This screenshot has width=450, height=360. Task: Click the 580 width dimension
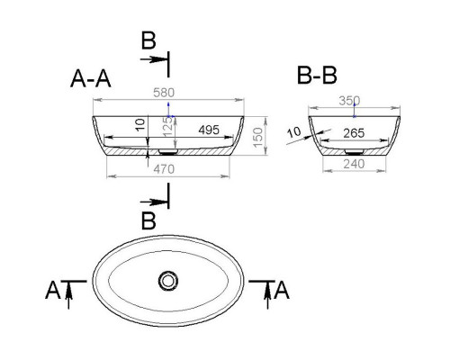(x=164, y=93)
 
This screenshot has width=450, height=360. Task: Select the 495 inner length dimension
(x=209, y=130)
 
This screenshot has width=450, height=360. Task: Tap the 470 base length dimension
(x=164, y=169)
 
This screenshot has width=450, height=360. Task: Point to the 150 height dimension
(x=257, y=137)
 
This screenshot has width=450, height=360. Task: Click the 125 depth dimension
(x=168, y=126)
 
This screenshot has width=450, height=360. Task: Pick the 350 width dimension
(x=349, y=101)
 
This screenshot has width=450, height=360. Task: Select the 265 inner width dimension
(x=354, y=133)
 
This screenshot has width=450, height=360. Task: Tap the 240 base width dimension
(x=354, y=164)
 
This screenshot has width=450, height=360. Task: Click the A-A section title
(x=91, y=79)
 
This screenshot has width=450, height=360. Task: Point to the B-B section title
(x=317, y=76)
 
